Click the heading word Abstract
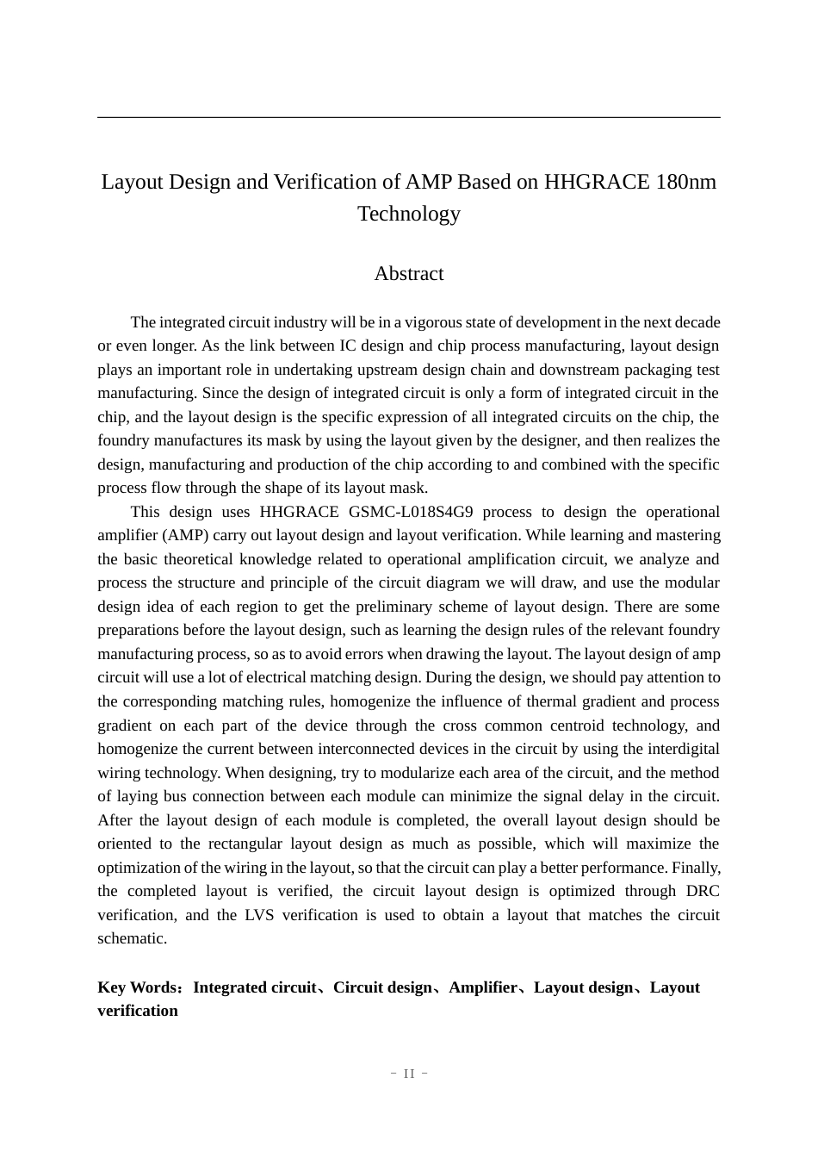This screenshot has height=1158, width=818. (x=408, y=274)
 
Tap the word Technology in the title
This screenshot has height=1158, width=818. (x=409, y=214)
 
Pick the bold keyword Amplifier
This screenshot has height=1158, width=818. (x=483, y=987)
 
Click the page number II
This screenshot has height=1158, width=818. (x=409, y=1074)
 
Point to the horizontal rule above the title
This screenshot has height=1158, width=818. (x=409, y=117)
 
